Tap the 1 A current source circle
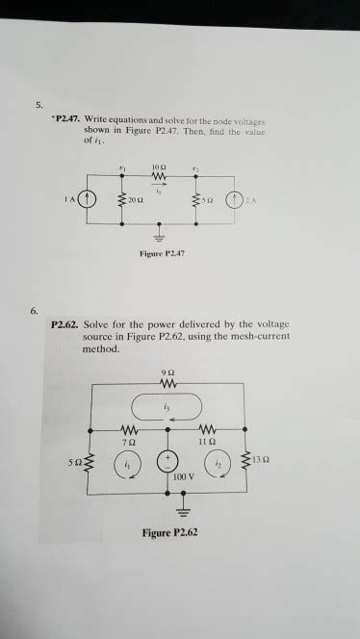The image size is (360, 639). [89, 200]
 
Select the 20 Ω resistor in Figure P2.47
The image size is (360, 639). [121, 200]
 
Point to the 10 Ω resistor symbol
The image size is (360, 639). [161, 177]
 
